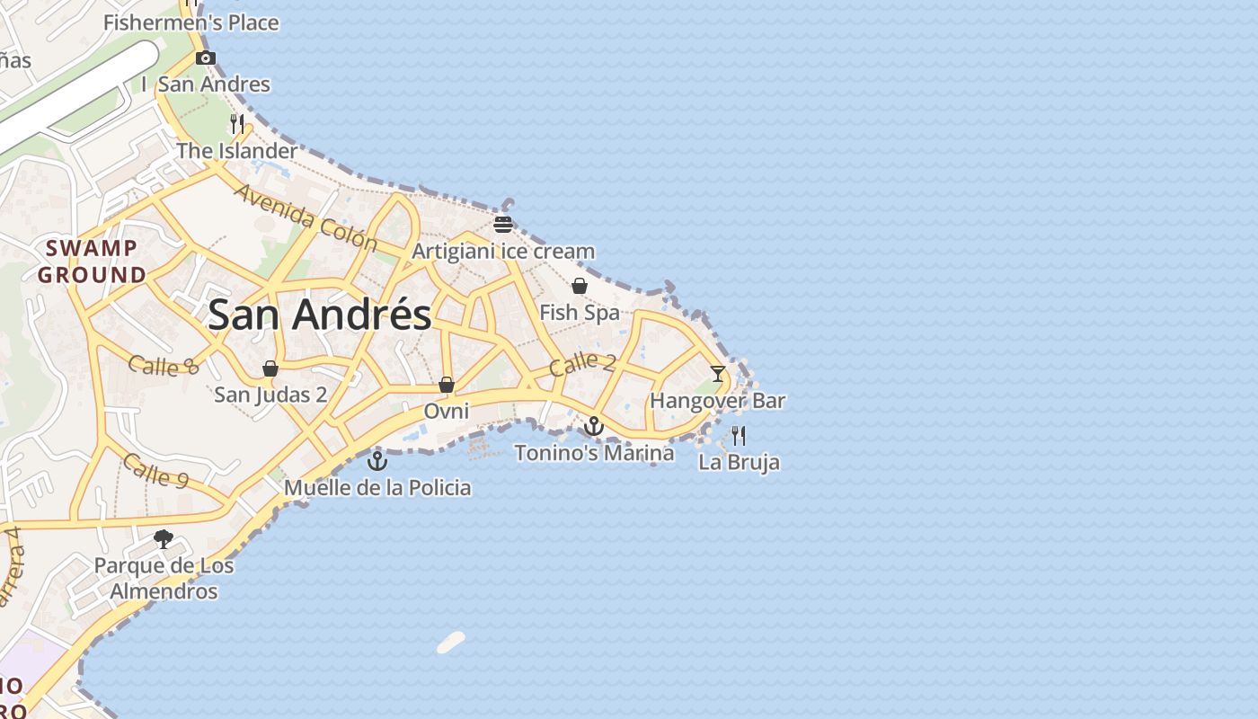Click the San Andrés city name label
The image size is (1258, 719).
point(319,315)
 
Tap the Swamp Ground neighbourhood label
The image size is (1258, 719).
point(92,262)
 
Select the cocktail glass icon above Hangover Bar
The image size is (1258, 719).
point(717,373)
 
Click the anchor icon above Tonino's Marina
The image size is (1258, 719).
point(594,426)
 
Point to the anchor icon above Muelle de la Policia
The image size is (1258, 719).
point(377,461)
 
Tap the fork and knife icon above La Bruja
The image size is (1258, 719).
point(739,436)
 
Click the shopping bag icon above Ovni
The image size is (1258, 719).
point(447,386)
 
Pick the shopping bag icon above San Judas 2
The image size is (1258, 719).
point(270,368)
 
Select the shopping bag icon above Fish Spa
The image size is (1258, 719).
point(580,286)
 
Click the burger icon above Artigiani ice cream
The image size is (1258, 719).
point(503,224)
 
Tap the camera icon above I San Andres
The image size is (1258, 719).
point(206,58)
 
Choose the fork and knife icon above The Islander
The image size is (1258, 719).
point(237,124)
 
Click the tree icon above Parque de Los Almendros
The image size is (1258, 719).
point(164,539)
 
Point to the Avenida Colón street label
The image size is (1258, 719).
point(306,217)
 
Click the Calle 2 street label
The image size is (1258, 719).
point(582,363)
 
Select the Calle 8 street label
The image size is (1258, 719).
point(163,365)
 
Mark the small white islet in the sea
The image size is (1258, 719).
point(451,642)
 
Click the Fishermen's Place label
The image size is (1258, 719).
point(191,22)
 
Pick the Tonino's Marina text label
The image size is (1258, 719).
point(594,453)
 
